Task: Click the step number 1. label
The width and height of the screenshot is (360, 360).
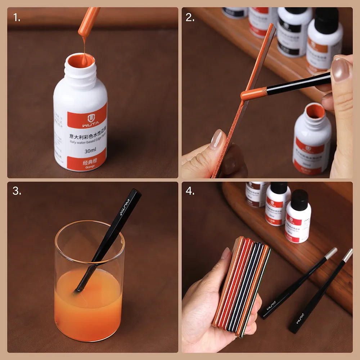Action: click(17, 17)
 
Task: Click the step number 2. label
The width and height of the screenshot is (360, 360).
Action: click(190, 17)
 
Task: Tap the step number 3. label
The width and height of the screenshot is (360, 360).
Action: click(17, 191)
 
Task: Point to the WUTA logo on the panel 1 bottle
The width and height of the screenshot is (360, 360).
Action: click(88, 118)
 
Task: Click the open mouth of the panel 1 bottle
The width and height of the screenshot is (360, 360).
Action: click(81, 60)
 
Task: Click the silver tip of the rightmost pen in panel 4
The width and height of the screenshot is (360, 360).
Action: click(347, 255)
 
